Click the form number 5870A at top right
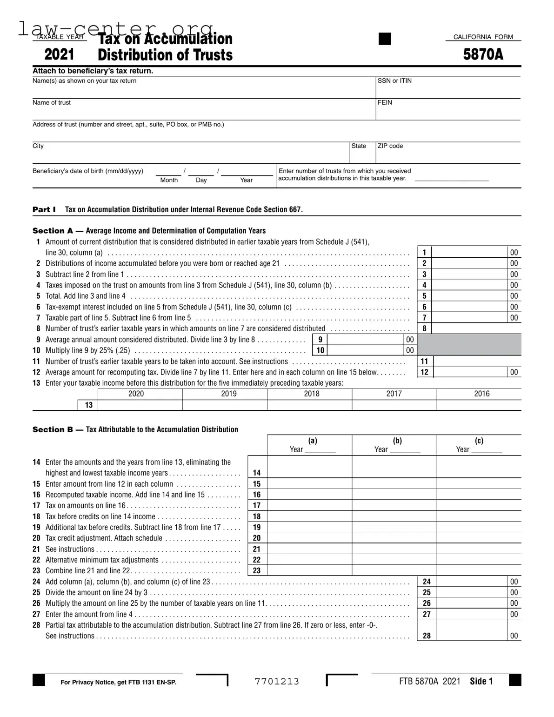click(483, 55)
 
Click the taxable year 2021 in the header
click(59, 55)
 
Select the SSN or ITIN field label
click(394, 81)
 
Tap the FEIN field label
click(385, 103)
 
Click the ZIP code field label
click(390, 146)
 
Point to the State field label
click(359, 146)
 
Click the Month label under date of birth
click(169, 180)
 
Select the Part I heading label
click(44, 210)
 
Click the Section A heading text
click(149, 231)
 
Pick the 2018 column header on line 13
click(311, 394)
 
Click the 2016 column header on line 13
click(481, 394)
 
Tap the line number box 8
click(424, 328)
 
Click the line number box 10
click(320, 350)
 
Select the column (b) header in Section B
click(397, 441)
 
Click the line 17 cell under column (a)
click(309, 506)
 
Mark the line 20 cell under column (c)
click(479, 538)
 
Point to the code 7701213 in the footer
click(277, 682)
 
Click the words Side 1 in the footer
click(481, 682)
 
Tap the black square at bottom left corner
click(39, 680)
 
